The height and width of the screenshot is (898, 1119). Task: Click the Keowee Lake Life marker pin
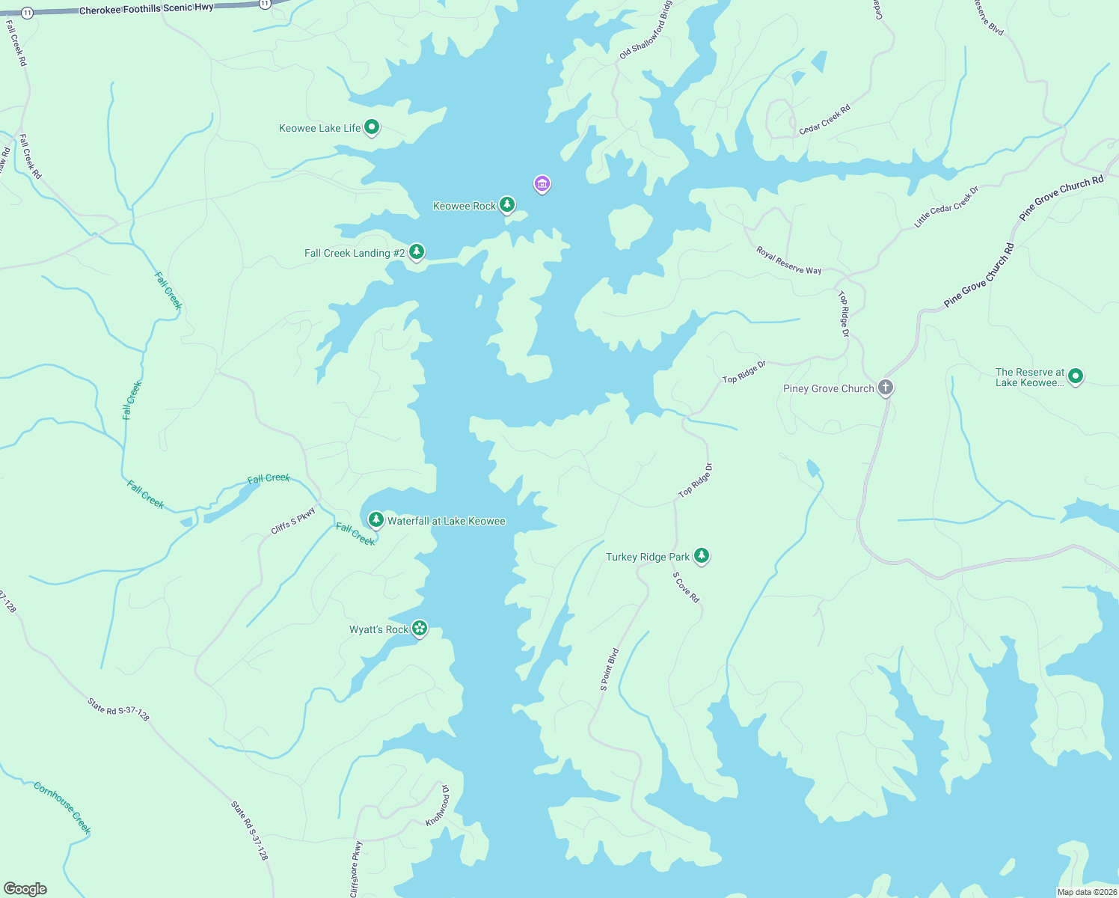pyautogui.click(x=372, y=127)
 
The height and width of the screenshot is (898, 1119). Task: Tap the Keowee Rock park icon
pyautogui.click(x=507, y=204)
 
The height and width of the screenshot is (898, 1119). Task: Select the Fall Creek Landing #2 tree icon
pyautogui.click(x=417, y=252)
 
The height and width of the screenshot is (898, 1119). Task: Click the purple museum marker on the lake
pyautogui.click(x=542, y=183)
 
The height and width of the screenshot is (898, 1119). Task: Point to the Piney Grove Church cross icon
pyautogui.click(x=886, y=388)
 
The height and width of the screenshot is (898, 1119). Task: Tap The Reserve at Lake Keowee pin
pyautogui.click(x=1076, y=376)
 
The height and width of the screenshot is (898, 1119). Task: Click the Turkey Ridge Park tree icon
pyautogui.click(x=701, y=555)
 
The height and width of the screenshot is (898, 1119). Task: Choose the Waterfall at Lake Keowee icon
pyautogui.click(x=376, y=519)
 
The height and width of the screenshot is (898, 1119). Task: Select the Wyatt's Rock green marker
pyautogui.click(x=420, y=629)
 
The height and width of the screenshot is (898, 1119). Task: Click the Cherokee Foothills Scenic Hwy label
pyautogui.click(x=146, y=9)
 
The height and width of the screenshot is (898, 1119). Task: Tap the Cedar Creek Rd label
pyautogui.click(x=825, y=120)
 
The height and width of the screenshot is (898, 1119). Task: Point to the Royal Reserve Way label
pyautogui.click(x=788, y=260)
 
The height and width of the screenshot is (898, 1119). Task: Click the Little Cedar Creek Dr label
pyautogui.click(x=946, y=207)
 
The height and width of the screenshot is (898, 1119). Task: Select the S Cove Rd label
pyautogui.click(x=686, y=587)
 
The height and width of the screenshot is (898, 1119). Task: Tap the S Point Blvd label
pyautogui.click(x=610, y=669)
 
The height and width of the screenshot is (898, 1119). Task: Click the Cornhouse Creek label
pyautogui.click(x=62, y=807)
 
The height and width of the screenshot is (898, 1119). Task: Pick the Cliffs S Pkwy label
pyautogui.click(x=293, y=521)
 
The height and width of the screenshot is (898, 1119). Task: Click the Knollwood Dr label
pyautogui.click(x=438, y=805)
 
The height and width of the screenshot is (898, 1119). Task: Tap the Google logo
pyautogui.click(x=25, y=888)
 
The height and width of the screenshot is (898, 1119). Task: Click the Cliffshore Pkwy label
pyautogui.click(x=356, y=869)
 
